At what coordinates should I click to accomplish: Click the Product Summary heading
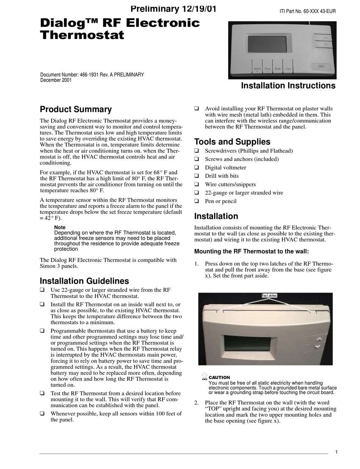76,110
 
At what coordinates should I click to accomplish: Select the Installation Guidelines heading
84,281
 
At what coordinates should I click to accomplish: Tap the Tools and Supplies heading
232,142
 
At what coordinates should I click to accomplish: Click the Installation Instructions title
288,86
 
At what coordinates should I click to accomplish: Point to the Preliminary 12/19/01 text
174,9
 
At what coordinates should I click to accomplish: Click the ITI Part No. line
307,11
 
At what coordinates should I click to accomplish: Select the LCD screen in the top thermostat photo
267,45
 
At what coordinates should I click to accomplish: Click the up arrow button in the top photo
326,38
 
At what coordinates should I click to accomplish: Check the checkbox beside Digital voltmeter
197,168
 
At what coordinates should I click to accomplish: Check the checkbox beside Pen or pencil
197,201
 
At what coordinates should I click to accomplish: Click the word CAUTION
219,377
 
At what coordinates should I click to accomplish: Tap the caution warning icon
205,377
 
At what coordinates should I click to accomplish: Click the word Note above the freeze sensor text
60,227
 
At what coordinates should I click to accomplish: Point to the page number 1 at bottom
336,452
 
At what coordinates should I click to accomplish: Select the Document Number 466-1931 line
92,75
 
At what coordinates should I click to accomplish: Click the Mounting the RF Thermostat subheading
251,251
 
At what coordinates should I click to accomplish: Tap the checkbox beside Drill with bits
197,176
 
